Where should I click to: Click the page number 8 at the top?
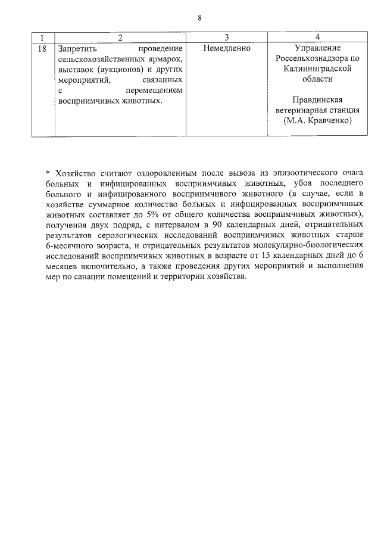199,18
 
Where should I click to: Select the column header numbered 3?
227,37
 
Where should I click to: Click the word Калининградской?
318,68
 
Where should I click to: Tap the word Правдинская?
318,99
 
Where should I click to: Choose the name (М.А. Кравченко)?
318,120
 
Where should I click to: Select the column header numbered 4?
318,37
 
